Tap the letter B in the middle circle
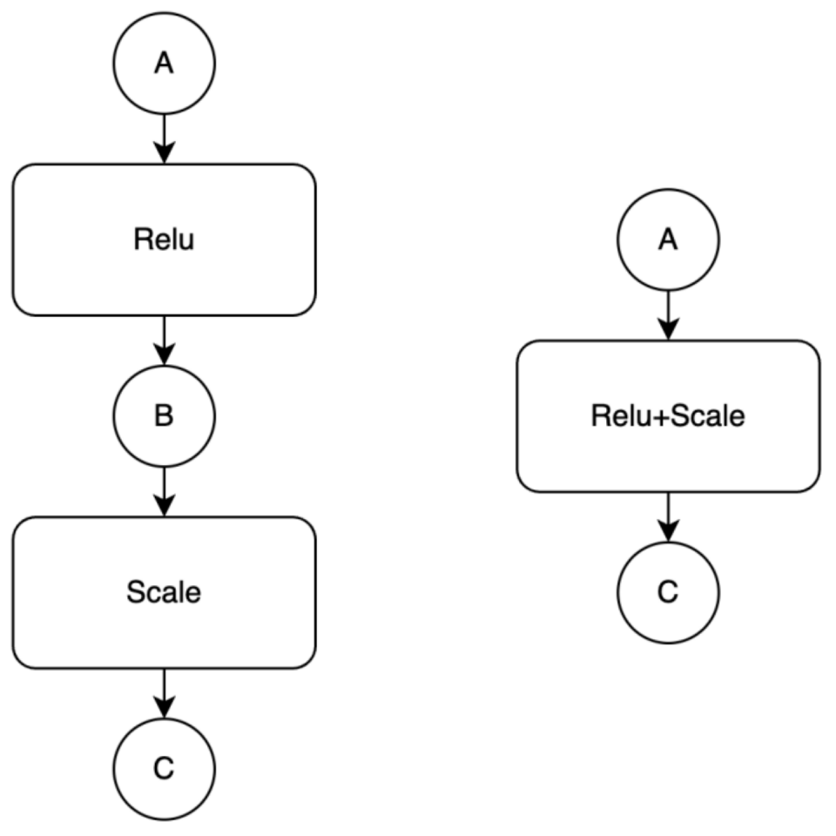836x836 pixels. [x=164, y=416]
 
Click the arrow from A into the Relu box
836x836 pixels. [x=165, y=138]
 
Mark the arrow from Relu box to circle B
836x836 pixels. [x=165, y=340]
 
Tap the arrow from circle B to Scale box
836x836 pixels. [x=165, y=491]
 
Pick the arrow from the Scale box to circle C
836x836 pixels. [x=165, y=694]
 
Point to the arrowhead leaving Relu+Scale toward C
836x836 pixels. [x=669, y=531]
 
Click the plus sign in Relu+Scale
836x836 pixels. [x=661, y=417]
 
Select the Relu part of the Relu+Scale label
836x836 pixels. [x=622, y=416]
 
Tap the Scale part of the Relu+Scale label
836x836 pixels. [x=707, y=416]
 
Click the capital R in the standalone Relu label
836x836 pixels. [x=142, y=239]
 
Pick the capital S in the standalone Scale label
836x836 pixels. [x=136, y=592]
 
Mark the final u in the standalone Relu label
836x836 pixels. [x=186, y=242]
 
